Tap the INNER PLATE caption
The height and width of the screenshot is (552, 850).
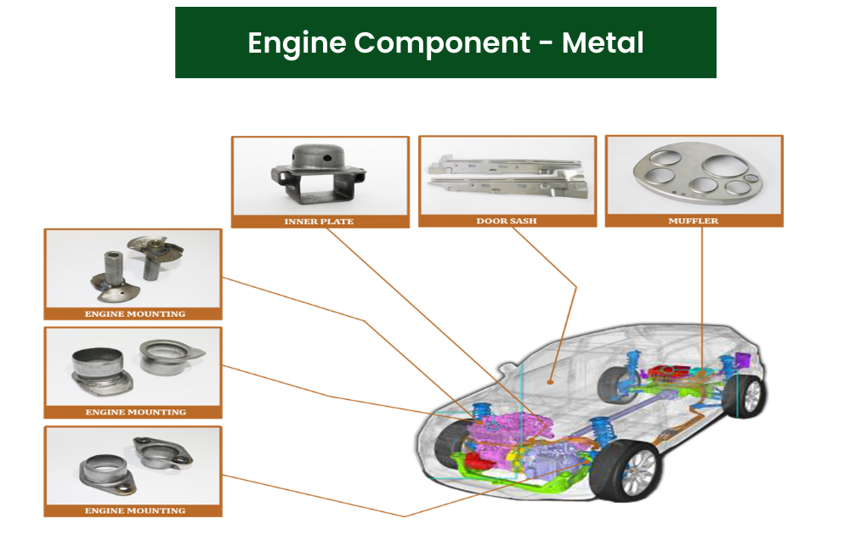click(x=319, y=222)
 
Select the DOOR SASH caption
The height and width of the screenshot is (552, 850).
click(x=507, y=222)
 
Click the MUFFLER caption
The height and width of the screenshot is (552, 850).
click(x=694, y=222)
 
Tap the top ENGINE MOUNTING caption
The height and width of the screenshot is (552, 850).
click(x=134, y=314)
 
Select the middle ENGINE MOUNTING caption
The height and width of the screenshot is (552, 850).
click(x=135, y=412)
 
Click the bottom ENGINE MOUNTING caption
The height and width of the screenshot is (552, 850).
click(x=134, y=511)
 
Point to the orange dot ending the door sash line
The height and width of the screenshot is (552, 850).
click(x=552, y=382)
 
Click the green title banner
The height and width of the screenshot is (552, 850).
click(x=445, y=42)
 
